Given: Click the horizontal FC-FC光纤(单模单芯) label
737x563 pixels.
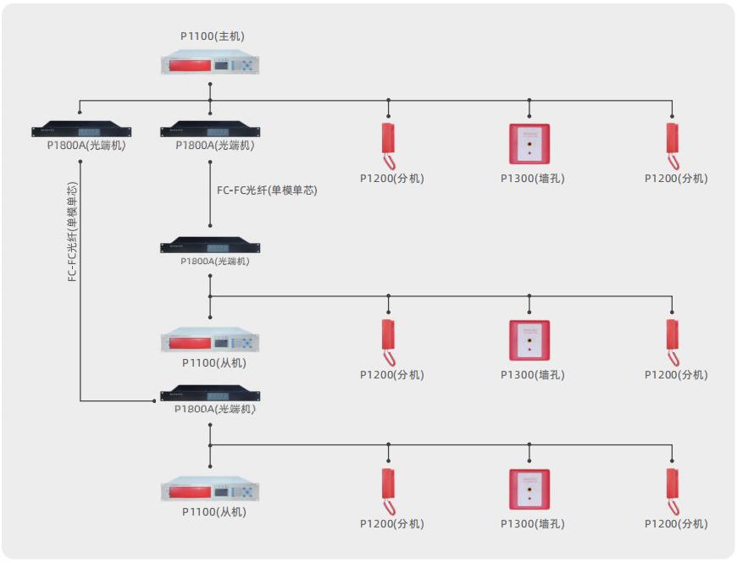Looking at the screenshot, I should pos(267,190).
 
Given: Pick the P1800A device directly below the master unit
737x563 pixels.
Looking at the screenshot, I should pos(210,130).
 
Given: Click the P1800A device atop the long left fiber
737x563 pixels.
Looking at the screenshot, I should pos(81,130).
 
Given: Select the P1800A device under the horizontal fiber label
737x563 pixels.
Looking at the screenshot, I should pos(210,247).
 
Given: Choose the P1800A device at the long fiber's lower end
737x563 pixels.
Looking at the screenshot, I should pos(210,395).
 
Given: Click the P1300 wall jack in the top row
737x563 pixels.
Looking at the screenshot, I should pos(529,144).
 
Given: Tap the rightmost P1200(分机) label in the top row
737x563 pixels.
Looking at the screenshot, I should pos(676,179).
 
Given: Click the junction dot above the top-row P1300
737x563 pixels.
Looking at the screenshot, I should pos(529,100).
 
